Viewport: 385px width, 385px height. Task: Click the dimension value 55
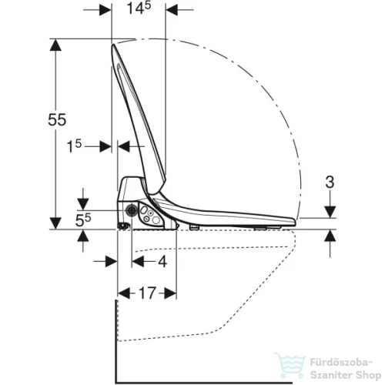tap(57, 119)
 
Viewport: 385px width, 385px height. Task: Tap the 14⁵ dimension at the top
tap(139, 8)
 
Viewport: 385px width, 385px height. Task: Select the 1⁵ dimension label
tap(74, 146)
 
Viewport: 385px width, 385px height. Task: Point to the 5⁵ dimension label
tap(83, 220)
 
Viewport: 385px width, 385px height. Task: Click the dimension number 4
tap(162, 262)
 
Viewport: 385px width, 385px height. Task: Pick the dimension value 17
tap(147, 293)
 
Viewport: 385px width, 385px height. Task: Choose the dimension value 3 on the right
tap(330, 182)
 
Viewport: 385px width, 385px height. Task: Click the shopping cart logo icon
tap(290, 365)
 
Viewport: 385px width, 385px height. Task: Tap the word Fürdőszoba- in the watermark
tap(341, 363)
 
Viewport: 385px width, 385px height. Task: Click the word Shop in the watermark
tap(368, 375)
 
